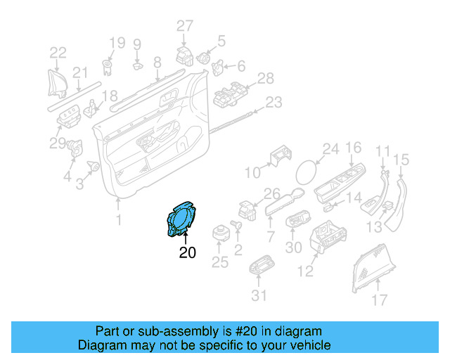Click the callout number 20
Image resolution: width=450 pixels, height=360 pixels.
[187, 252]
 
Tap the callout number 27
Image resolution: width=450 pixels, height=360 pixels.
[184, 27]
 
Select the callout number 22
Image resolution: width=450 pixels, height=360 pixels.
[58, 52]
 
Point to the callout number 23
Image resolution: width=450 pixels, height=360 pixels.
[273, 103]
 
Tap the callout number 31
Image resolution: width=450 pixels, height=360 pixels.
[259, 295]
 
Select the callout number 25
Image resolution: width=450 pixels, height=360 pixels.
[220, 263]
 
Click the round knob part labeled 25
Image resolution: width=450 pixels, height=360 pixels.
[220, 230]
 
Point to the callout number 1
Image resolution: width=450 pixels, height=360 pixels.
[118, 220]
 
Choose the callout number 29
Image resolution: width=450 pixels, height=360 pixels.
[57, 144]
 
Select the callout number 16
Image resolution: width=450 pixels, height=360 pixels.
[353, 148]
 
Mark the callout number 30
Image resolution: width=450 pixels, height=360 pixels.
[294, 247]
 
